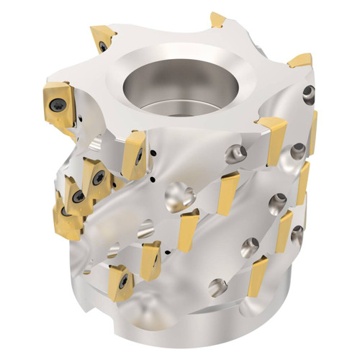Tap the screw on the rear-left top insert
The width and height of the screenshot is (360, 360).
[x=103, y=45]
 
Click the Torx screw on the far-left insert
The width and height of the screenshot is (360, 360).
[x=57, y=104]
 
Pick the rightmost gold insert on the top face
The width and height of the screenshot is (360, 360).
[x=301, y=60]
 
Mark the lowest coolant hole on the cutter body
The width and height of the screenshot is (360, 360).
[x=217, y=287]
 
